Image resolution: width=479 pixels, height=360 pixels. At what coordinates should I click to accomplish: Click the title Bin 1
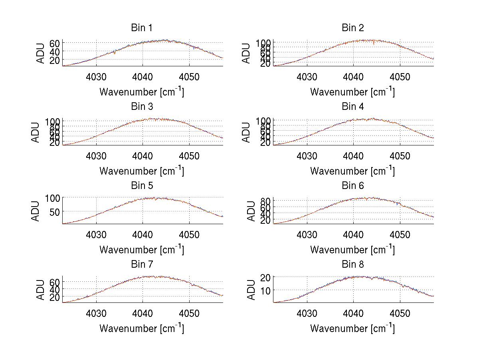click(142, 28)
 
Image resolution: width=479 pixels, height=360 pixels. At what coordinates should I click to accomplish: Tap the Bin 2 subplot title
click(353, 28)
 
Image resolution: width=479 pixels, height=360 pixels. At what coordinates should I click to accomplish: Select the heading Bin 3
click(142, 107)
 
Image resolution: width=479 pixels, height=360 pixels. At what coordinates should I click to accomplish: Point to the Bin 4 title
click(353, 107)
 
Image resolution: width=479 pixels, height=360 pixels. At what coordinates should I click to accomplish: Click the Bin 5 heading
click(142, 186)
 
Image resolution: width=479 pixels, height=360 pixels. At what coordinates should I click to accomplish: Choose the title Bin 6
click(353, 186)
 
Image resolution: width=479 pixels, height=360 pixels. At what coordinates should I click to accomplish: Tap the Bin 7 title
click(142, 265)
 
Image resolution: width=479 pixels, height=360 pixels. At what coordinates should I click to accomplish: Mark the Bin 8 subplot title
click(353, 265)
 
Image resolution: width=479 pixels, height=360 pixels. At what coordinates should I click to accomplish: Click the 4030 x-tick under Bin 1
click(96, 77)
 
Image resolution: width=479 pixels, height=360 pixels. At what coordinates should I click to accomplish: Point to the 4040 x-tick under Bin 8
click(353, 313)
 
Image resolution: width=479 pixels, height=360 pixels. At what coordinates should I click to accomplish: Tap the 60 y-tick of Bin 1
click(55, 43)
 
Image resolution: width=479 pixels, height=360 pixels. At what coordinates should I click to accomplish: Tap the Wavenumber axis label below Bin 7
click(142, 328)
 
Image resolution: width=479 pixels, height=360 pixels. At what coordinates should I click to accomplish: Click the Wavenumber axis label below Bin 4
click(352, 171)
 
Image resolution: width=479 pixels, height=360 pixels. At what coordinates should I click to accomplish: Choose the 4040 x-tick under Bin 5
click(143, 235)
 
